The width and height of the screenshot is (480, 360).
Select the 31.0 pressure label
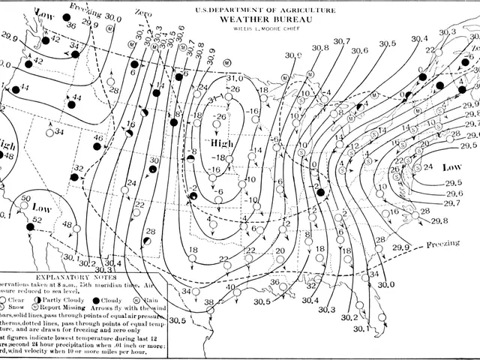click(x=235, y=78)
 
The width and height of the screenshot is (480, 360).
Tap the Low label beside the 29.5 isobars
click(x=451, y=166)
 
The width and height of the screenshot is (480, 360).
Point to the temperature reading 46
click(x=97, y=138)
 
